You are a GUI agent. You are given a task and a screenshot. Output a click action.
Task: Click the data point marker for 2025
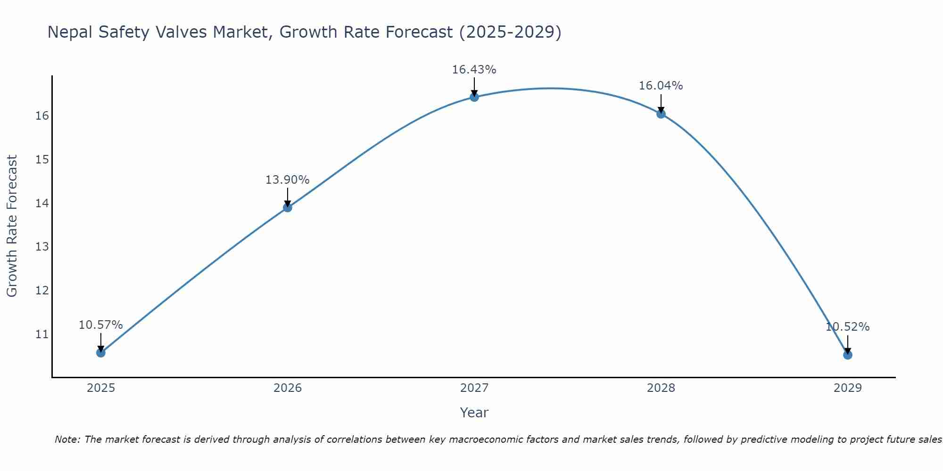point(101,353)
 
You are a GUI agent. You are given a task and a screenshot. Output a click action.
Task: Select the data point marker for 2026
point(288,208)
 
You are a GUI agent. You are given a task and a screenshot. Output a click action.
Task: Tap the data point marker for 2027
point(474,97)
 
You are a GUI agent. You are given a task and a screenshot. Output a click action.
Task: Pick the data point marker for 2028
point(661,114)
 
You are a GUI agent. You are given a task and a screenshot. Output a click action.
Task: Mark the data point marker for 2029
point(848,355)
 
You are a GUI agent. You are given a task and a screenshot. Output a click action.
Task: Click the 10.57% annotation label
point(100,325)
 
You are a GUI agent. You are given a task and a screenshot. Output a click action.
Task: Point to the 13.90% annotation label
point(287,180)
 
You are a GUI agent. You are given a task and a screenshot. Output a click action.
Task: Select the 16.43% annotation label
point(474,70)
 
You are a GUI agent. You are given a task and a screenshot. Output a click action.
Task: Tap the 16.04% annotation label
point(661,86)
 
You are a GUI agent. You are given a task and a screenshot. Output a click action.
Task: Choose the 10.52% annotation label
point(847,327)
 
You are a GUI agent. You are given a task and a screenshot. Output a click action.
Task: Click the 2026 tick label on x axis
point(288,388)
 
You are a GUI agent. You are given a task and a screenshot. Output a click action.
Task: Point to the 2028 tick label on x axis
point(661,388)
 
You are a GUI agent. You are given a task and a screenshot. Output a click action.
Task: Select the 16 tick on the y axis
point(42,116)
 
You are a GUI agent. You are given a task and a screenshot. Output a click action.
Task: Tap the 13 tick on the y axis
point(42,247)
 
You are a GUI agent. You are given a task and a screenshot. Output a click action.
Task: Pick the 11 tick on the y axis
point(42,334)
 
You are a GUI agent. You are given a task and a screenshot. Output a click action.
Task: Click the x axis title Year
point(474,413)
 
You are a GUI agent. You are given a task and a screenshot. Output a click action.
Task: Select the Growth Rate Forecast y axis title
point(12,226)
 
